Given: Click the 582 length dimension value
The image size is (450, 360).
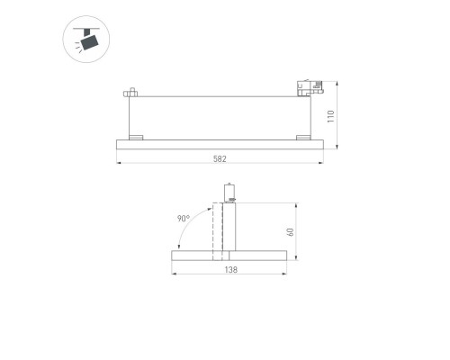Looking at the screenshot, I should coord(220,158).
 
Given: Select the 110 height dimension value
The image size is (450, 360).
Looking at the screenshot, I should coord(331,115).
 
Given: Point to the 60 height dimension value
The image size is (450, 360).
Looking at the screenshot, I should coord(291,232).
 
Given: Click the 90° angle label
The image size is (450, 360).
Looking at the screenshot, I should coord(185,218).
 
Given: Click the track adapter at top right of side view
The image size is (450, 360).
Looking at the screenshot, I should coord(308,87).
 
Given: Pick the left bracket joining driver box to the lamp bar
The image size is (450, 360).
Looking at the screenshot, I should coord(136,137).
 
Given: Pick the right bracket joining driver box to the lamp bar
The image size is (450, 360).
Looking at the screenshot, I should coord(300,137).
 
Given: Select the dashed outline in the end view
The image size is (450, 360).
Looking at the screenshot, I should coord(216,230).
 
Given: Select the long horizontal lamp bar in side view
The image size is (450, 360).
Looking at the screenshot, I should coord(220,144).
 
